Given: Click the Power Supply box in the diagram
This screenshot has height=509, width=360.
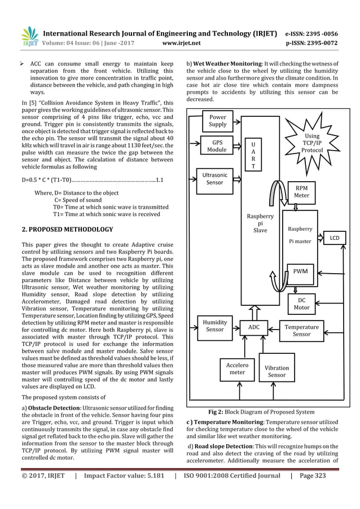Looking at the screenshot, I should coord(218,121).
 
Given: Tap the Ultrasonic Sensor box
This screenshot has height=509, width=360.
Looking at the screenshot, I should coord(214,179).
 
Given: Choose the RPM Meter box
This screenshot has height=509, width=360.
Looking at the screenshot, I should coord(302,191).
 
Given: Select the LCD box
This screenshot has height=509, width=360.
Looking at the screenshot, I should coord(335,238).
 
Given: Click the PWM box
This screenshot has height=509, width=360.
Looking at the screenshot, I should coord(301,271).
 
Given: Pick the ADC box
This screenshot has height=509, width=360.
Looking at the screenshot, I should coord(253,327).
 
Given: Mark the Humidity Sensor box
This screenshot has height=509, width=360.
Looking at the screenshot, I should coord(214,325).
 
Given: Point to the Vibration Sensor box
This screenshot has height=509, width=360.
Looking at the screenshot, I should coord(276,371).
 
